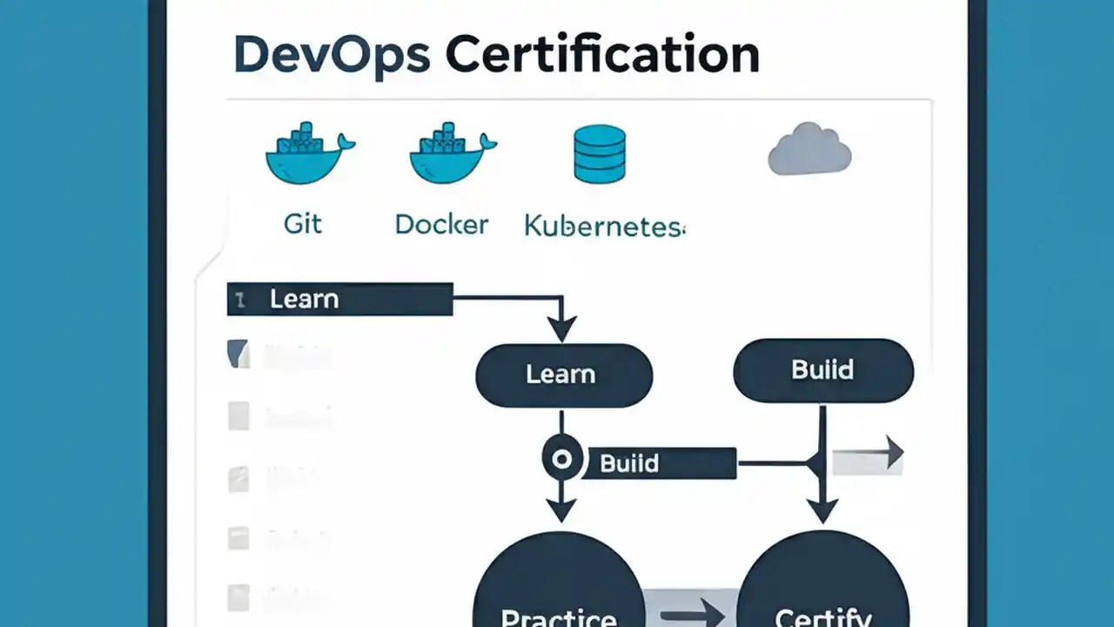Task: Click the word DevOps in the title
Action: tap(332, 54)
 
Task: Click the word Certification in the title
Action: tap(602, 54)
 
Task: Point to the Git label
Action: tap(303, 224)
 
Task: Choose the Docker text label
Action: tap(441, 224)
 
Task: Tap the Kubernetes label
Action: tap(604, 226)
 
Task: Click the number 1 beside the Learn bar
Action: tap(240, 300)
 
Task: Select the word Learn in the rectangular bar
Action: tap(304, 299)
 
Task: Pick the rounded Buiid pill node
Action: tap(823, 370)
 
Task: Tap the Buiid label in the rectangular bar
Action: tap(629, 462)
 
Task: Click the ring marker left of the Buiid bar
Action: tap(562, 458)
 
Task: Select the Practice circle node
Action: tap(559, 592)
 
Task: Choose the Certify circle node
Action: tap(822, 592)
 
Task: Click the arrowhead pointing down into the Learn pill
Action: tap(562, 329)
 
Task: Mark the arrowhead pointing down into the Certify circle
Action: tap(822, 509)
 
